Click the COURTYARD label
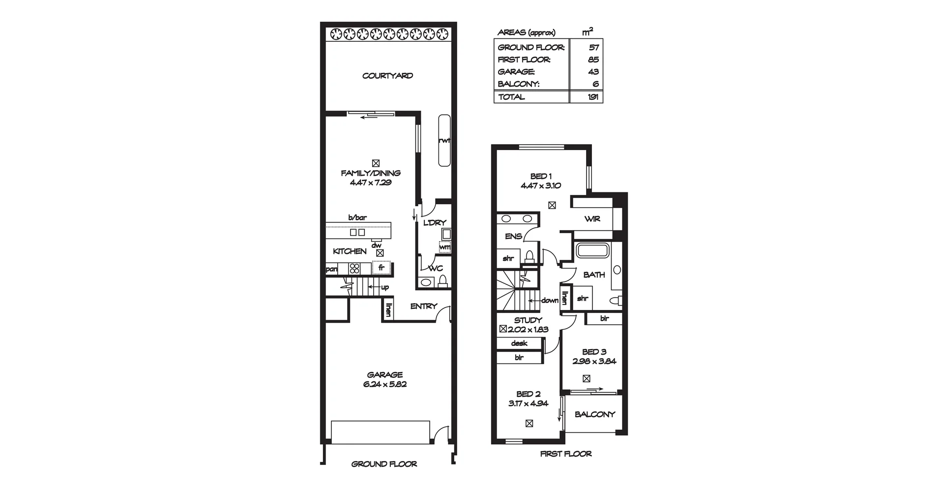[387, 76]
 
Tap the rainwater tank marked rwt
[444, 141]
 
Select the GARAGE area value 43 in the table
[593, 72]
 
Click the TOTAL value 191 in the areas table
[593, 97]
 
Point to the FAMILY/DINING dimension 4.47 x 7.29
[370, 183]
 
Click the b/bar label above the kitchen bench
[357, 217]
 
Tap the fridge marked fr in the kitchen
[381, 268]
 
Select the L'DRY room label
[435, 223]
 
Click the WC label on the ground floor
[436, 269]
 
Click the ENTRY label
[423, 306]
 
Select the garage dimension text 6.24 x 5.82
[384, 384]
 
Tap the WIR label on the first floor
[592, 219]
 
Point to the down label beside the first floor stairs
[549, 301]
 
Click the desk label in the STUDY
[519, 343]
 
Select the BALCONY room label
[594, 414]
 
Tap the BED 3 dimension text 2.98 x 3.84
[594, 361]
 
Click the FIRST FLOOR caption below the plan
[566, 454]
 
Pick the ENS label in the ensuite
[513, 237]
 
